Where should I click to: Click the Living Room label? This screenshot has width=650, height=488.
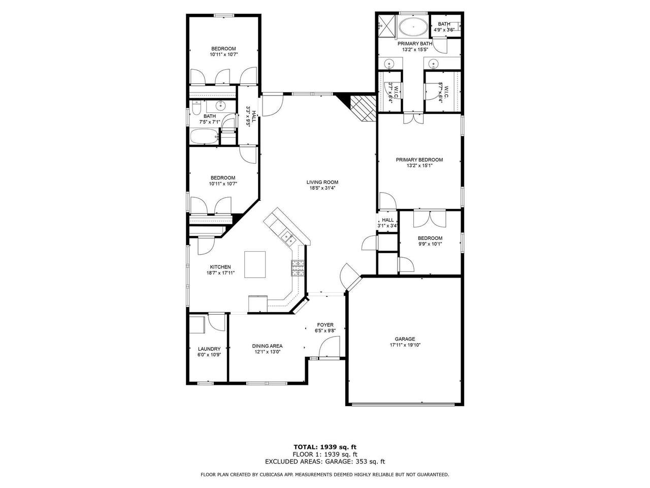322,182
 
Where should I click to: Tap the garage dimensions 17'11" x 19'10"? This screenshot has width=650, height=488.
405,345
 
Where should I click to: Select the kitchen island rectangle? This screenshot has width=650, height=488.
255,264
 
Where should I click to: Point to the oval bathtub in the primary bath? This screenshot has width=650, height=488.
413,27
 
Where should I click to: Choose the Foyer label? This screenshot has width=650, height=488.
325,325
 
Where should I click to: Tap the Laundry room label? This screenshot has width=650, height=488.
209,349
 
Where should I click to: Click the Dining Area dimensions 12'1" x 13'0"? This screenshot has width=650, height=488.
268,352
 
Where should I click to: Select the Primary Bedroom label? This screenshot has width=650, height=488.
419,160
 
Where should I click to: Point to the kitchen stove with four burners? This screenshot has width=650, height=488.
298,268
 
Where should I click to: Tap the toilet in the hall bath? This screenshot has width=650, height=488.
197,108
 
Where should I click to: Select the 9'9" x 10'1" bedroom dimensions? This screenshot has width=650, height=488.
430,244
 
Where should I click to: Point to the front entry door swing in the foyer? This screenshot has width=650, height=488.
329,348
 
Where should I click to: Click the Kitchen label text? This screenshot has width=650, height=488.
220,267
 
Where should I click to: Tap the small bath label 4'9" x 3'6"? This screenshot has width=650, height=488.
444,30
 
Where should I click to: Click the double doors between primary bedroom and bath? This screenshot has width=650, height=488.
413,118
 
